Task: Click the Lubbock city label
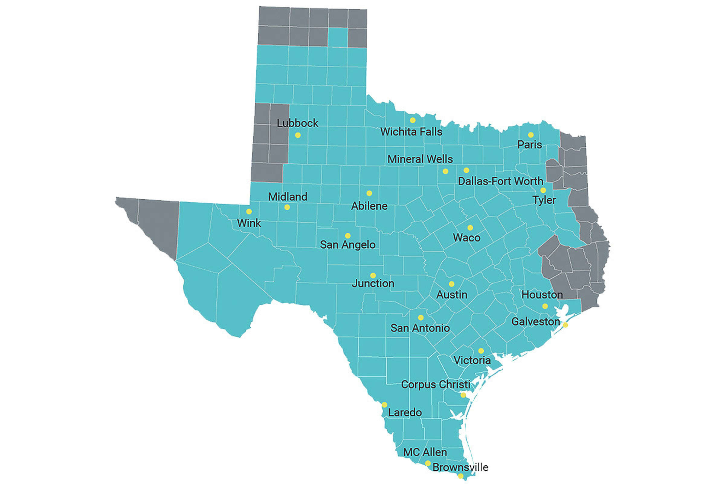pos(297,123)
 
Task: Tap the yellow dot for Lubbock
pos(298,135)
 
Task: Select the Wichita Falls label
pos(411,132)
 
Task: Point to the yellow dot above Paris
pos(530,135)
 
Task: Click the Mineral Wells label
pos(420,159)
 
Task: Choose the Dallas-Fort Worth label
pos(500,181)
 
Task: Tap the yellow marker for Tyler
pos(543,190)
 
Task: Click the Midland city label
pos(287,197)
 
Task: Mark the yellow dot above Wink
pos(249,211)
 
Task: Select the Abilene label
pos(369,206)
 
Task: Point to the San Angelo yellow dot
pos(347,236)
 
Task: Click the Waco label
pos(466,238)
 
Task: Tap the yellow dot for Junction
pos(373,275)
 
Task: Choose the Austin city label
pos(452,295)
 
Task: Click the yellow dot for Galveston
pos(565,325)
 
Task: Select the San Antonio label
pos(420,328)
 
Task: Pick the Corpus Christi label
pos(435,384)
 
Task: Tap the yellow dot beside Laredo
pos(384,405)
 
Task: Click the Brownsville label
pos(460,467)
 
